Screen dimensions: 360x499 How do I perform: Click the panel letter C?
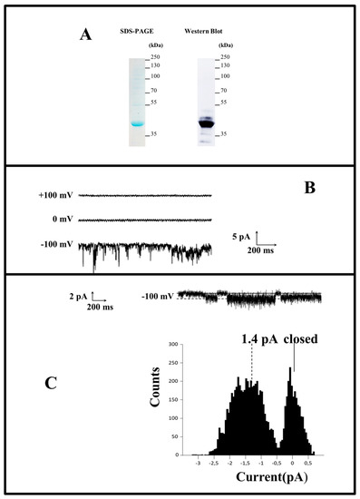(x=54, y=384)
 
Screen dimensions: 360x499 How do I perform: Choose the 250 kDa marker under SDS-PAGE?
(x=155, y=56)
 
